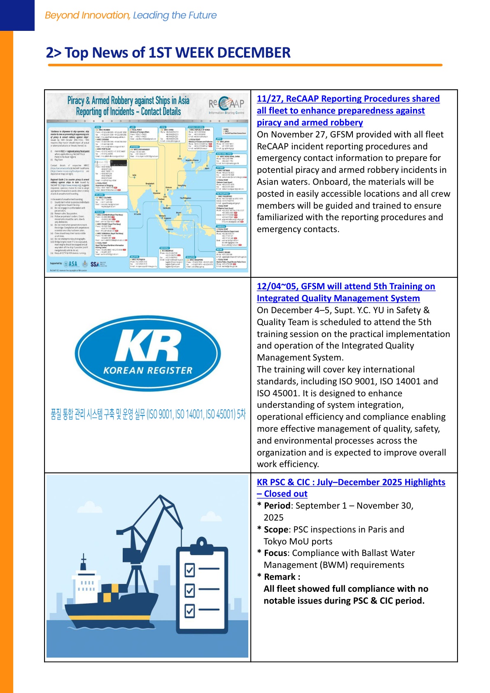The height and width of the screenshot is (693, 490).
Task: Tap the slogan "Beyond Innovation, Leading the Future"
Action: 131,15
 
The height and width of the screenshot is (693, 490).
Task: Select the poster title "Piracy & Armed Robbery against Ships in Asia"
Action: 128,100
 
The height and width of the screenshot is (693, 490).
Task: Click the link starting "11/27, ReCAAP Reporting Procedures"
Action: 348,99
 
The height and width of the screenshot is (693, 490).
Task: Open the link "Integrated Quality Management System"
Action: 338,298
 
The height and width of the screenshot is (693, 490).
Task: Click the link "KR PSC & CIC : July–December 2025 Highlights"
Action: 351,482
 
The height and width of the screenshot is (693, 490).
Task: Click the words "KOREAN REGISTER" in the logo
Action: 148,370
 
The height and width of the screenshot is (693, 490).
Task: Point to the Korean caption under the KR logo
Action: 148,414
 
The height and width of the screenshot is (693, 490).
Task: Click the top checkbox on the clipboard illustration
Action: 189,570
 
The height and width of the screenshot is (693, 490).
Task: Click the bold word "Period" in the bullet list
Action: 277,506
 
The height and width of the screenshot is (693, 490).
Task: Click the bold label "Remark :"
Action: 282,577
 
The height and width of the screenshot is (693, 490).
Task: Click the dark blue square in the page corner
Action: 17,15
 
